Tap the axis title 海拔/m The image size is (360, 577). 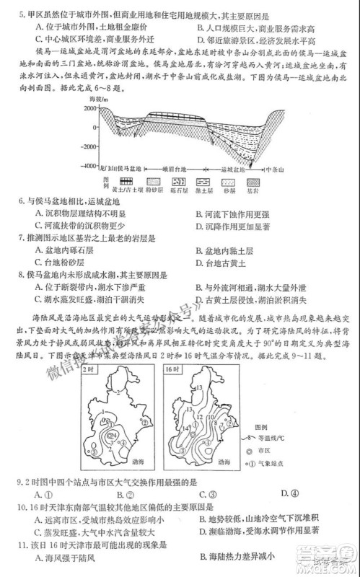click(x=99, y=97)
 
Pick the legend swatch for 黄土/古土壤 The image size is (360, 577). click(x=128, y=180)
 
